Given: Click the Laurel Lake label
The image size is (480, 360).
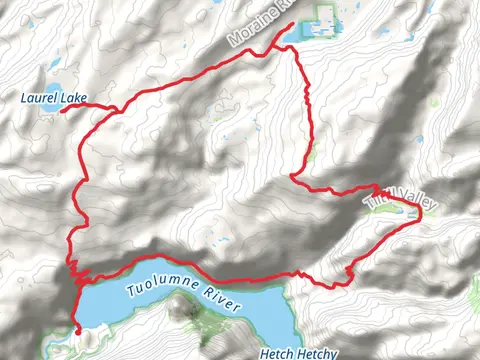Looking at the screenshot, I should (53, 97).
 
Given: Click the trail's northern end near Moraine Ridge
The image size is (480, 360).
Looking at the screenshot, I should (292, 24).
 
